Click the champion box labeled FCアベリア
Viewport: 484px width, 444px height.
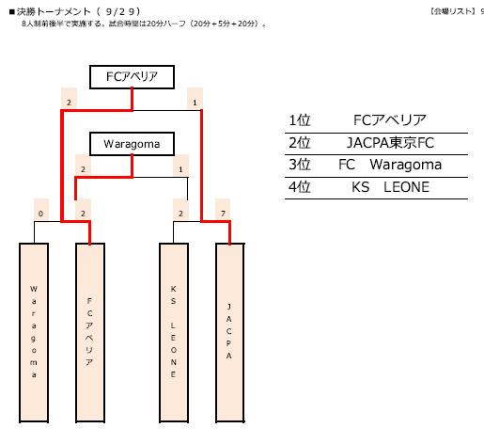click(132, 77)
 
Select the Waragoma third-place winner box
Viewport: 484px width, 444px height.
click(132, 144)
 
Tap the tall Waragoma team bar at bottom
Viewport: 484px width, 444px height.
click(34, 333)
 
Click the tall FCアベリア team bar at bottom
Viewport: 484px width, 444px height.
click(90, 333)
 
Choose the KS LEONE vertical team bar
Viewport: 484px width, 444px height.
click(174, 333)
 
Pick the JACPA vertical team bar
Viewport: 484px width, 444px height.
click(230, 333)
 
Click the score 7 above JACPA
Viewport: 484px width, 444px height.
click(223, 214)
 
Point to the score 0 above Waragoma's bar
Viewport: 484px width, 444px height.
click(40, 214)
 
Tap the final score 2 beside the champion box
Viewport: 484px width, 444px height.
click(69, 103)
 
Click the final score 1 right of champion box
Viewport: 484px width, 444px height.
click(195, 103)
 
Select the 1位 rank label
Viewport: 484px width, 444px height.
click(300, 120)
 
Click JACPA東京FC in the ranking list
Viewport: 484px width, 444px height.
click(390, 143)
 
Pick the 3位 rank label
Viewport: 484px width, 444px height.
click(300, 165)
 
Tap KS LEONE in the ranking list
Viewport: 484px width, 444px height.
click(390, 187)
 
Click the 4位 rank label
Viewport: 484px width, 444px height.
click(300, 187)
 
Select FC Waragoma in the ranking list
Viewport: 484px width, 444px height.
click(390, 165)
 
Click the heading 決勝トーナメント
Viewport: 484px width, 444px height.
click(54, 12)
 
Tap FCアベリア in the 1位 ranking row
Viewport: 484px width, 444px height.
click(390, 120)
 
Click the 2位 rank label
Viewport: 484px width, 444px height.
click(300, 143)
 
